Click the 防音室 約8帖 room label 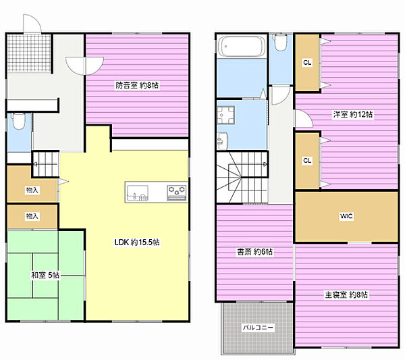coord(137,85)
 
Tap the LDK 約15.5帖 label coord(137,242)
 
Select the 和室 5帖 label coord(45,275)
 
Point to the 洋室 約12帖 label coord(352,114)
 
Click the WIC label coord(346,216)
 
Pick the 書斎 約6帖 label coord(254,252)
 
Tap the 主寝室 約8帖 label coord(346,294)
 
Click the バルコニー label coord(258,328)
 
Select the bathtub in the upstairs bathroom coord(242,47)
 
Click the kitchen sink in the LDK coord(137,192)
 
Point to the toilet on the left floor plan coord(19,121)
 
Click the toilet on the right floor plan coord(281,43)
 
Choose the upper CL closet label coord(307,63)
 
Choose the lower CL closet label coord(307,161)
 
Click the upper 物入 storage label coord(32,190)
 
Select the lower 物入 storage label coord(32,215)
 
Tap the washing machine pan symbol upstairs coord(225,115)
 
